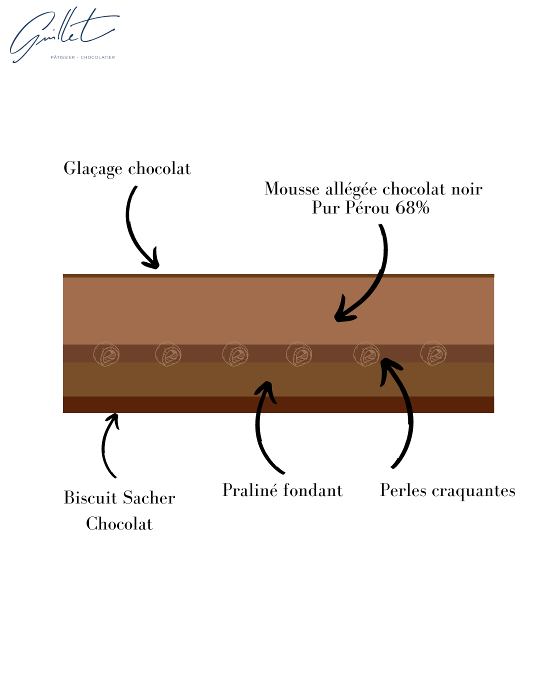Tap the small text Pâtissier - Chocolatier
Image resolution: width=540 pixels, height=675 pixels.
click(x=82, y=57)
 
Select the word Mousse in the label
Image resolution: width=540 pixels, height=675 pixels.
click(x=291, y=189)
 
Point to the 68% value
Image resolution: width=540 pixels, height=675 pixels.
click(x=412, y=207)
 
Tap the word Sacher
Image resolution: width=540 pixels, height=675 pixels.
click(x=148, y=498)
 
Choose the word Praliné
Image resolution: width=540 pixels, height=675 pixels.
click(x=250, y=490)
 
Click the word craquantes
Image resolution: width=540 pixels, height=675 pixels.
click(x=473, y=491)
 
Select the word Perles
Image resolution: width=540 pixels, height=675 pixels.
click(x=403, y=490)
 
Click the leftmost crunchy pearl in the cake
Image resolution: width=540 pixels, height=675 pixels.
click(x=106, y=354)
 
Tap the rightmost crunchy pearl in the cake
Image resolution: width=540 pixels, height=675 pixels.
click(x=433, y=353)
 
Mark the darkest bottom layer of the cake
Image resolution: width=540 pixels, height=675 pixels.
click(x=278, y=404)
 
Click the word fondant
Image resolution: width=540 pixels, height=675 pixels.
click(x=312, y=490)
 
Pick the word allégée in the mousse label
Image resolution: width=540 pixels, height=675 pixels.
click(x=351, y=189)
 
